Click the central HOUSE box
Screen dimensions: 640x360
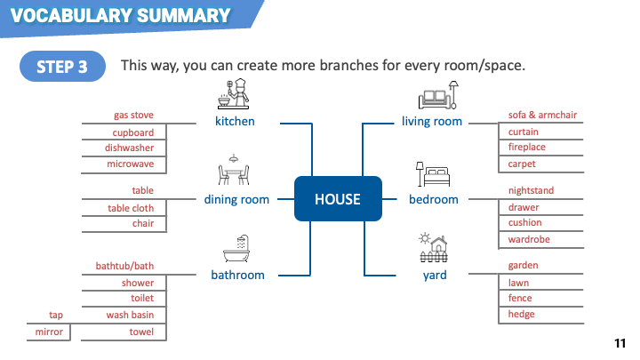[x=338, y=199]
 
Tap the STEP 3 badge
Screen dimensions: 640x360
[x=62, y=66]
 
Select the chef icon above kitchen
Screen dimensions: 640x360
[x=234, y=94]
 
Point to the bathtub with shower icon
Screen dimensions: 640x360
[x=236, y=249]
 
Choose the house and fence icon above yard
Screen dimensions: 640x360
[x=434, y=247]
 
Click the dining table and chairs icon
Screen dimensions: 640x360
[x=234, y=170]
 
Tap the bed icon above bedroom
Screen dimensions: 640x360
[x=433, y=174]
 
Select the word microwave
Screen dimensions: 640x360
[x=130, y=164]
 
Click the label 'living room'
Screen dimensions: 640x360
[x=432, y=121]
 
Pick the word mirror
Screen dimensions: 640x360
[x=49, y=332]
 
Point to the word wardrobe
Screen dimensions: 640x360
[x=529, y=239]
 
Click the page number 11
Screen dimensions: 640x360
[x=620, y=343]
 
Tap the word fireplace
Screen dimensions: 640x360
[x=526, y=147]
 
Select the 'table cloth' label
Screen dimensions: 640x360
[x=131, y=208]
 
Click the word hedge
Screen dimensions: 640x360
[x=521, y=315]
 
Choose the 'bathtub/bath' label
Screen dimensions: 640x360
[x=125, y=266]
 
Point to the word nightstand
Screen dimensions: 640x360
[x=531, y=190]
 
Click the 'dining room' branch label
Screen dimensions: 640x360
[x=236, y=199]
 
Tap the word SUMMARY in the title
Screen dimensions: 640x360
[x=184, y=15]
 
